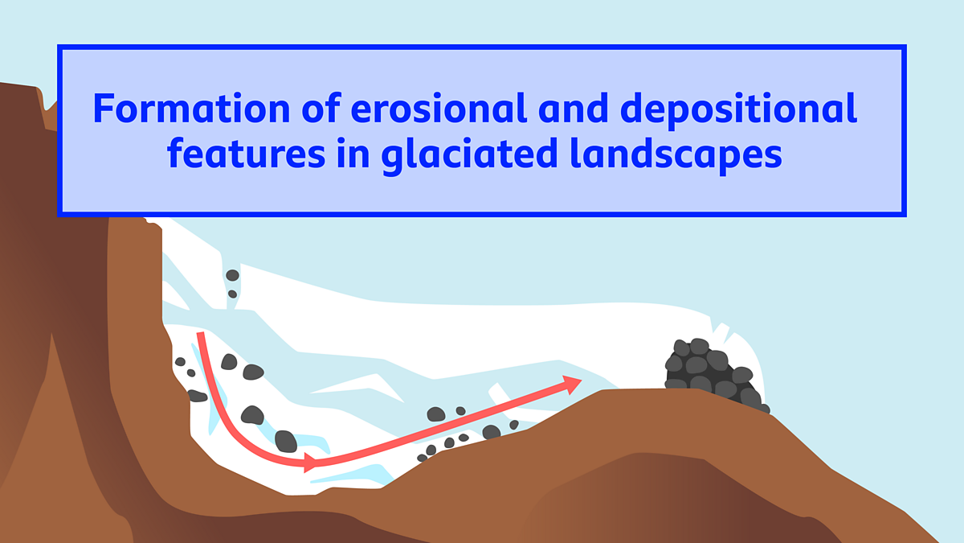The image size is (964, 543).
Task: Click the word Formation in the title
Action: [191, 108]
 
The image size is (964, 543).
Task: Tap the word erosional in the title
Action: [439, 107]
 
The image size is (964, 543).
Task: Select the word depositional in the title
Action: [738, 110]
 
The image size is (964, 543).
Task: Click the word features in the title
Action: [246, 153]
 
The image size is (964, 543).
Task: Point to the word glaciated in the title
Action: [469, 156]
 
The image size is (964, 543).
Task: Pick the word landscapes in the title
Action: [676, 156]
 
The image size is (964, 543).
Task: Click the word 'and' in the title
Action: [574, 107]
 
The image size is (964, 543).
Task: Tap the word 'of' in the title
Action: [321, 107]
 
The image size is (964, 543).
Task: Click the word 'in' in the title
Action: [353, 154]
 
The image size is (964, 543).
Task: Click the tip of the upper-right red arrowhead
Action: [582, 380]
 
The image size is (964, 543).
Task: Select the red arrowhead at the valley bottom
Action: [311, 463]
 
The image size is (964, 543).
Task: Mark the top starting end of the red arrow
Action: [200, 333]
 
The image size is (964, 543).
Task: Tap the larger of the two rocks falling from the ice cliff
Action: [232, 275]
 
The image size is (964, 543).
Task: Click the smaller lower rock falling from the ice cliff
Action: [232, 294]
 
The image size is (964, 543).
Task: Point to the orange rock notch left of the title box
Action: [50, 117]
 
